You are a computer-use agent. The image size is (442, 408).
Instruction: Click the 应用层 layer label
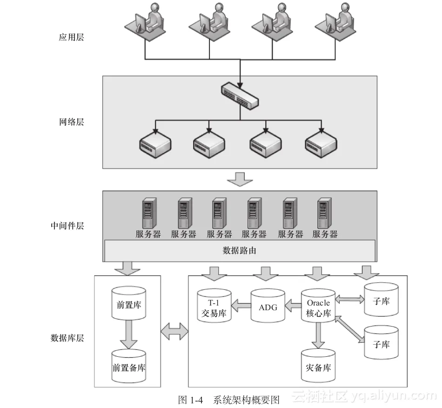(71, 38)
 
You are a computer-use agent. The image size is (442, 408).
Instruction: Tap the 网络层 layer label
(71, 122)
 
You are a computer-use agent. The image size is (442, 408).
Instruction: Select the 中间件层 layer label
(67, 226)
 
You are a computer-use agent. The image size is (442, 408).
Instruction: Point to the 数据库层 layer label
(67, 338)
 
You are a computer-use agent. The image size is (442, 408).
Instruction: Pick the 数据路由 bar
(240, 251)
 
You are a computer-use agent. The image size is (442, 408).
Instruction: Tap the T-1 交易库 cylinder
(214, 306)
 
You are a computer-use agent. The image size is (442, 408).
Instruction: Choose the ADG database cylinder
(268, 306)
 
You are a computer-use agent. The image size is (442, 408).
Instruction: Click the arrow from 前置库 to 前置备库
(129, 335)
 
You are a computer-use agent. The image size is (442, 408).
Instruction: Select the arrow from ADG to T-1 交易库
(241, 306)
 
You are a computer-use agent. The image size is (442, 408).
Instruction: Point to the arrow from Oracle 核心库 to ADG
(293, 306)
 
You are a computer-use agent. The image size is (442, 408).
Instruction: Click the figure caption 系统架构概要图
(246, 400)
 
